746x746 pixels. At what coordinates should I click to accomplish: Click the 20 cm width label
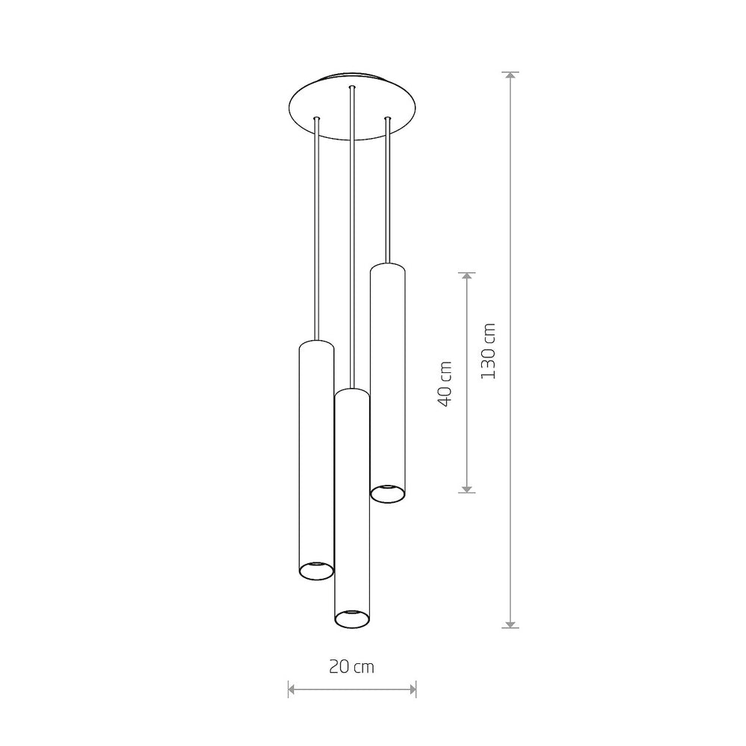click(x=351, y=666)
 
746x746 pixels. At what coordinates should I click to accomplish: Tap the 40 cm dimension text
click(x=445, y=384)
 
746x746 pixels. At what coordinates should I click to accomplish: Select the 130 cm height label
click(x=488, y=351)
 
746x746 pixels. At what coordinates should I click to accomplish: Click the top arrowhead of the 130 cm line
click(x=510, y=75)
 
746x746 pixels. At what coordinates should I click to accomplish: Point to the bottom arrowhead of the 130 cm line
click(x=510, y=624)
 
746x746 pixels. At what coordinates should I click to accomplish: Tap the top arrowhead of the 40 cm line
click(x=467, y=276)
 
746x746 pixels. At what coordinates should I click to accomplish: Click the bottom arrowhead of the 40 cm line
click(x=467, y=489)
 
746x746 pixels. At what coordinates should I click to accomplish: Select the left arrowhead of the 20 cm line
click(x=292, y=689)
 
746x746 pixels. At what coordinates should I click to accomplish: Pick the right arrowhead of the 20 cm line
click(x=413, y=689)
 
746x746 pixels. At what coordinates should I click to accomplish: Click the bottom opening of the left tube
click(x=316, y=570)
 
